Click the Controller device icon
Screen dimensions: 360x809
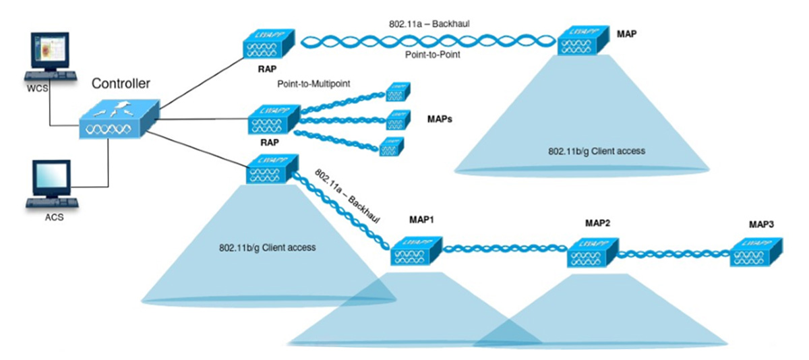coord(119,120)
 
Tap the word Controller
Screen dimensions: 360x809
coord(121,84)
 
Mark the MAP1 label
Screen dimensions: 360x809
coord(423,220)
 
